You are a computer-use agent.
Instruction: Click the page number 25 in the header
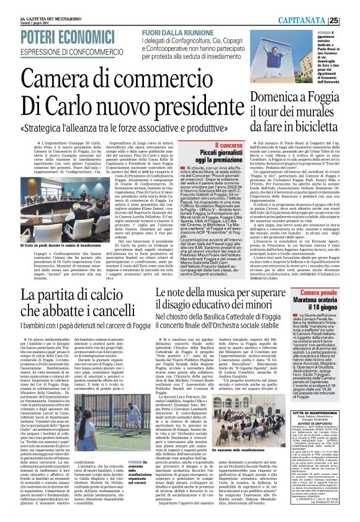click(x=350, y=20)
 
